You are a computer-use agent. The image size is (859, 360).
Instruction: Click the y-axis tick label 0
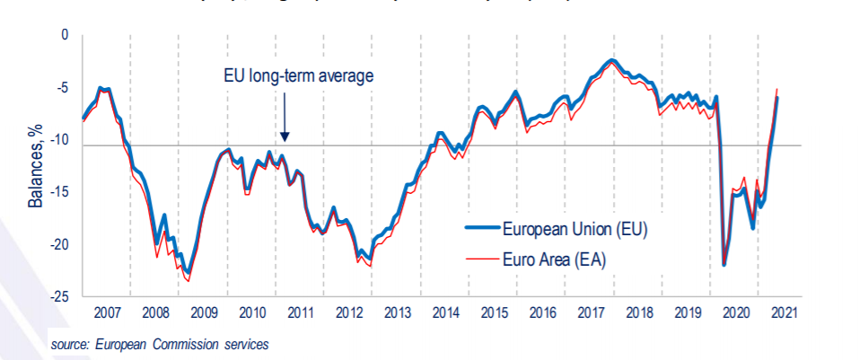pos(64,35)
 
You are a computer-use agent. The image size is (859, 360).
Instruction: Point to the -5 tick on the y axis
pos(61,87)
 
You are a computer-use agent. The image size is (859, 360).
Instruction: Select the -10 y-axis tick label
pos(58,139)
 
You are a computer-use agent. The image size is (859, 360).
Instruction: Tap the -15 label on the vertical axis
pos(58,191)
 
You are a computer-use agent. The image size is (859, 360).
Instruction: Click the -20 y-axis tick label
pos(58,244)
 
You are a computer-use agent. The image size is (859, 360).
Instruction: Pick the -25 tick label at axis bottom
pos(58,296)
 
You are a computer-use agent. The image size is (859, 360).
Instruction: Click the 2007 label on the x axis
pos(106,313)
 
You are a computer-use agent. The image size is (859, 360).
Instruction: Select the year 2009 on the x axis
pos(203,313)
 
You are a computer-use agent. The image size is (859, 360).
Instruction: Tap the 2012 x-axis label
pos(348,313)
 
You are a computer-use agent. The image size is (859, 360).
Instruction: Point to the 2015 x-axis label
pos(494,313)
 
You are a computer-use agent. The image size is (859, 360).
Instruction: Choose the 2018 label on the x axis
pos(639,313)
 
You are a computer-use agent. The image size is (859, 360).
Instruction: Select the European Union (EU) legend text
pos(574,229)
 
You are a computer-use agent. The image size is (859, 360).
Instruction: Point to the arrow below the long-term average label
pos(284,117)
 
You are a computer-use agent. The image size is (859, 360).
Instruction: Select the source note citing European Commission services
pos(159,344)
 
